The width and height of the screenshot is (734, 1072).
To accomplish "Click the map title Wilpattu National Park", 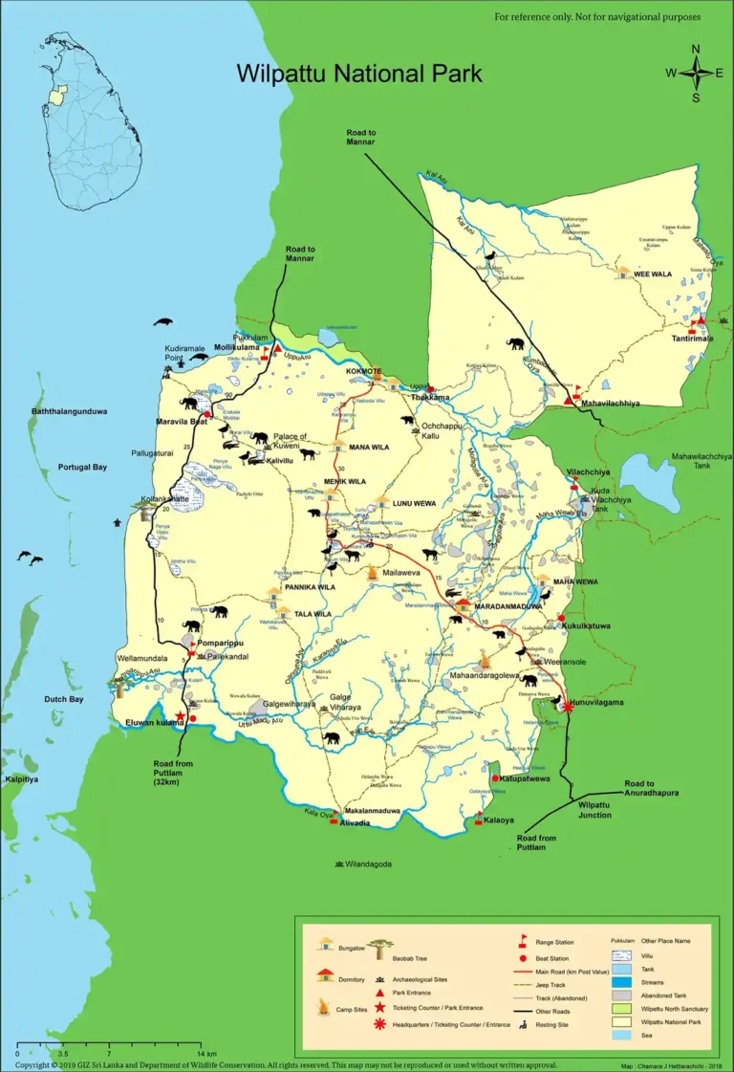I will coord(359,74).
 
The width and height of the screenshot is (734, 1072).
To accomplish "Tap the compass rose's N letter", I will coord(696,50).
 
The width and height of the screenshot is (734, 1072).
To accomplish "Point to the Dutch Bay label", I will coord(63,700).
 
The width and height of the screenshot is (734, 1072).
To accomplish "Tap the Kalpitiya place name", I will coord(21,779).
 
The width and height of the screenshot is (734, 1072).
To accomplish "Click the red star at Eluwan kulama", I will coord(180,715).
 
